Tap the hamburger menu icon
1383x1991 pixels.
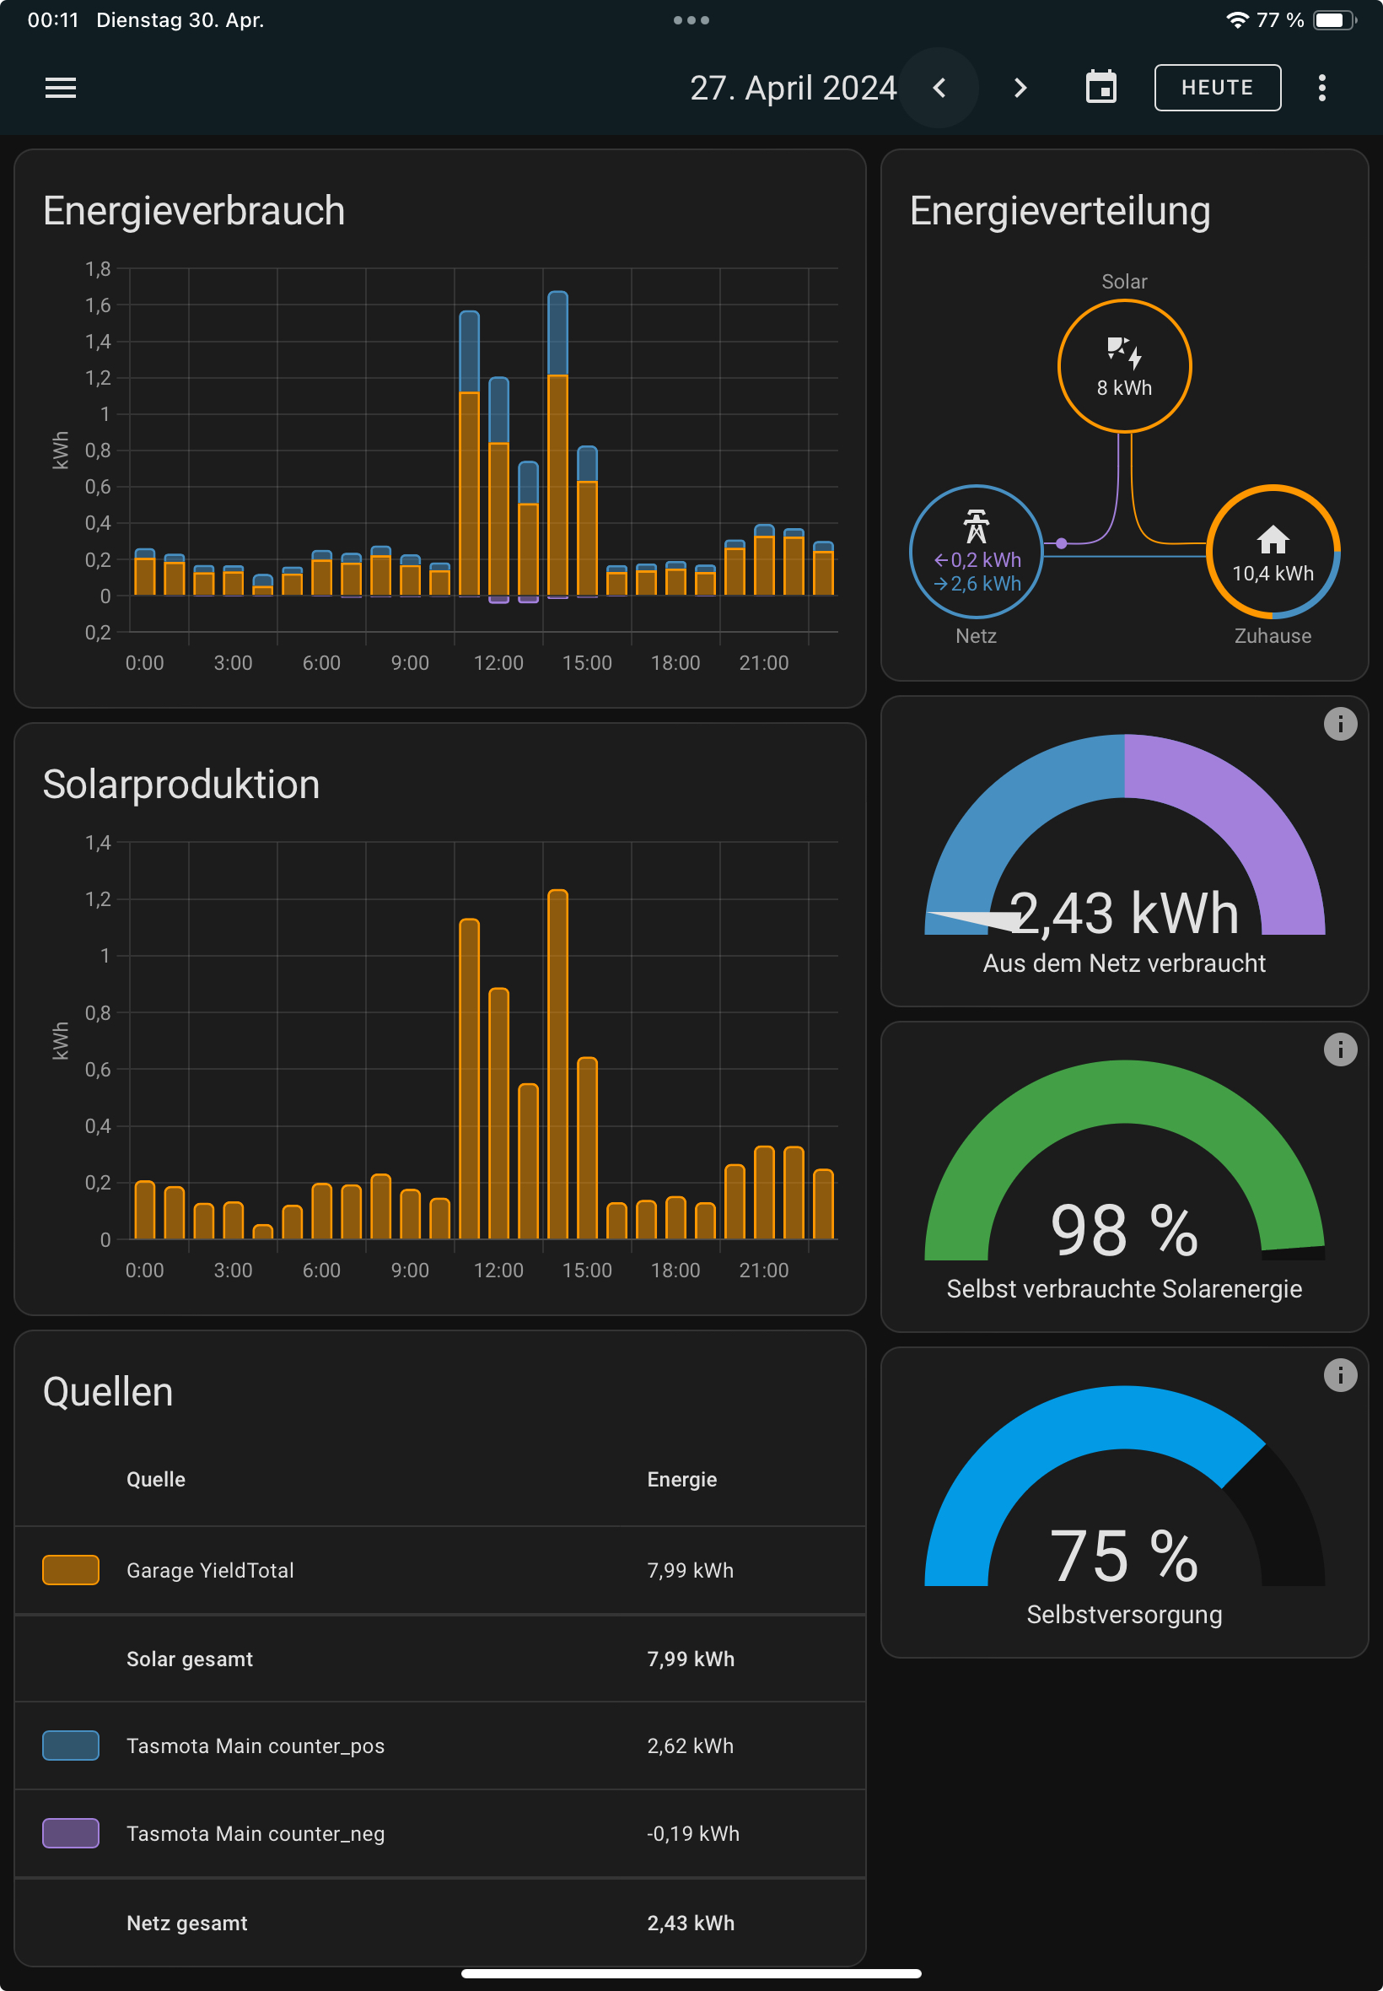[61, 88]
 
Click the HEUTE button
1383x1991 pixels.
[1217, 88]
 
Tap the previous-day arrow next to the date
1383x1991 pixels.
[939, 88]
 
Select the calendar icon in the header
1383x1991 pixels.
[1100, 88]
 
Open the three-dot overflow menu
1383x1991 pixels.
[1321, 88]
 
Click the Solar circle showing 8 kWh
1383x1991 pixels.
[1124, 367]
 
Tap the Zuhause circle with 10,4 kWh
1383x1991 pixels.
[1272, 552]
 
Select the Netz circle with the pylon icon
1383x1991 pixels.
[976, 552]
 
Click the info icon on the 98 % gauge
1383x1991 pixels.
[1340, 1049]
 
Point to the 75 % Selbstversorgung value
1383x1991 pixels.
[1124, 1556]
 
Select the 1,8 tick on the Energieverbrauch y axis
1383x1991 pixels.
[98, 270]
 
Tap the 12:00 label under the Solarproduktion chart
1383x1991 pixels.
[498, 1271]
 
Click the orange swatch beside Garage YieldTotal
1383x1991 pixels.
[71, 1571]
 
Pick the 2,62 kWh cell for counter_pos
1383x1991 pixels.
[690, 1745]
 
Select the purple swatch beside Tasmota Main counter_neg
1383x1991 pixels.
[71, 1833]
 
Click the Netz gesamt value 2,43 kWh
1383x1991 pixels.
[690, 1923]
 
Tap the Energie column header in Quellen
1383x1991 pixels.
[682, 1480]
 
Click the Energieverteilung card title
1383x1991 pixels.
[1059, 212]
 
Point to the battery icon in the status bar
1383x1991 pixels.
[1334, 20]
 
